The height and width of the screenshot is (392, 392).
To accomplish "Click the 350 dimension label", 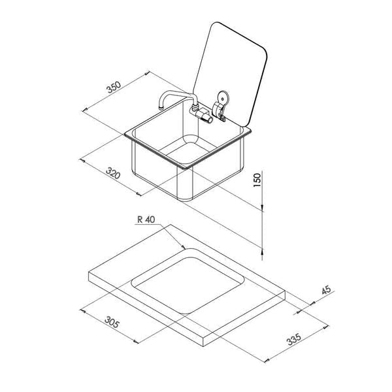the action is pyautogui.click(x=114, y=87).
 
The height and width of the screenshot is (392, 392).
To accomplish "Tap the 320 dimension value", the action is pyautogui.click(x=113, y=172).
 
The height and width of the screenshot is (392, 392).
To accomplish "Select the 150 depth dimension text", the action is pyautogui.click(x=257, y=180).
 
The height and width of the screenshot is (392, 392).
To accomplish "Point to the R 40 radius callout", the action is pyautogui.click(x=146, y=220).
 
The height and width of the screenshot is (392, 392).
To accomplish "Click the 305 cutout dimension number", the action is pyautogui.click(x=112, y=322).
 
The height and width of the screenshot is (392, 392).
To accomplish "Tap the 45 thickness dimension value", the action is pyautogui.click(x=326, y=290).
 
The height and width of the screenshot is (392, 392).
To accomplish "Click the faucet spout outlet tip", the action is pyautogui.click(x=161, y=108).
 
